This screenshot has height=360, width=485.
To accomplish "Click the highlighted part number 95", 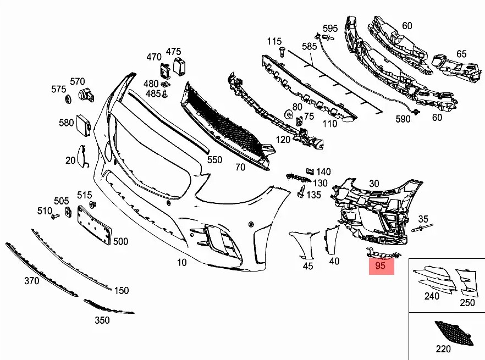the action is (x=380, y=265).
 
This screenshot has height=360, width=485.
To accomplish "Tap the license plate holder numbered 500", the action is (x=94, y=225).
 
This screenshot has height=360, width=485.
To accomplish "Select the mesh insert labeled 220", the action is (x=454, y=333).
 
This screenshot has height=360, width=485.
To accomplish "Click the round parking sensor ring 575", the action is (x=68, y=99).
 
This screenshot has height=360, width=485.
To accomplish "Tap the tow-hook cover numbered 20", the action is (x=82, y=157).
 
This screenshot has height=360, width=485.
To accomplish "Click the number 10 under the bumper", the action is (x=182, y=262).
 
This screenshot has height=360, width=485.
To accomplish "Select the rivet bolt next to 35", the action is (x=422, y=228).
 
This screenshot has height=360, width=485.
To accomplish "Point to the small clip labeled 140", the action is (x=310, y=171).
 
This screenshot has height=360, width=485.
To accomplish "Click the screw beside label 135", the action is (x=301, y=191).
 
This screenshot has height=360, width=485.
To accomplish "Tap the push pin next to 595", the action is (x=328, y=38).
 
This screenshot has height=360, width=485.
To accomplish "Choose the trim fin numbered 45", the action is (x=304, y=245).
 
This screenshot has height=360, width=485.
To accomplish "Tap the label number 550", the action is (x=214, y=159).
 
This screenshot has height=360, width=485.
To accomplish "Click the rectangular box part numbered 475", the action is (x=179, y=66).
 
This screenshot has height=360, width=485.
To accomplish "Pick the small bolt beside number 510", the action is (x=55, y=217).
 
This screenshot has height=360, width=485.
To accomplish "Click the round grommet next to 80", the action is (x=289, y=114).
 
